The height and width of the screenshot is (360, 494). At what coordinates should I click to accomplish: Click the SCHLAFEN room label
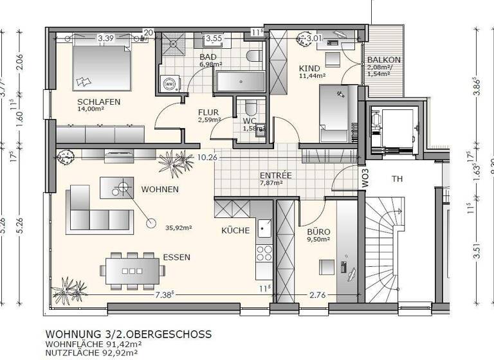[x=98, y=102]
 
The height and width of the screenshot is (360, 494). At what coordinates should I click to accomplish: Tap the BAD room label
[x=208, y=56]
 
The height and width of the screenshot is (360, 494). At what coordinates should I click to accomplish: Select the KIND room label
[x=310, y=67]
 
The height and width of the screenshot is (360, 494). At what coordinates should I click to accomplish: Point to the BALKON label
[x=383, y=60]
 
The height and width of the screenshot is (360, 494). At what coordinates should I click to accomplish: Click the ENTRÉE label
[x=275, y=175]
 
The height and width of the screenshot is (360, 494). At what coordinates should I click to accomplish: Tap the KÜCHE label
[x=235, y=230]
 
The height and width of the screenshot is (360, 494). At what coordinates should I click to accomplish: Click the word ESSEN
[x=176, y=257]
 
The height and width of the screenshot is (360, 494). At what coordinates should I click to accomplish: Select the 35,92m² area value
[x=179, y=227]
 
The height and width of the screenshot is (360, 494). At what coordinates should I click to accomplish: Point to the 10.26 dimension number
[x=207, y=156]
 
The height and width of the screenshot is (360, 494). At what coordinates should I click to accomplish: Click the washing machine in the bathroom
[x=170, y=84]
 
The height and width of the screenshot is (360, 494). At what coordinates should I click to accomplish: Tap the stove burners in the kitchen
[x=264, y=253]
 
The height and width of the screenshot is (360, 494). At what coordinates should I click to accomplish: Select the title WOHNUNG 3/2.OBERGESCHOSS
[x=128, y=334]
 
